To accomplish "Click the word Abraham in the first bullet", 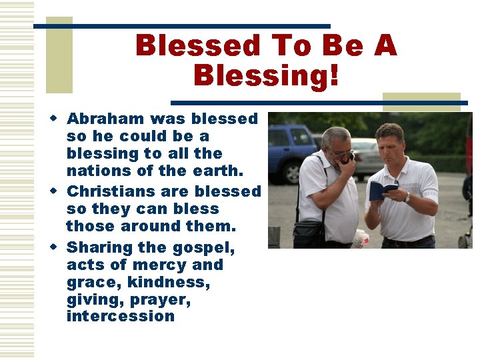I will [106, 119].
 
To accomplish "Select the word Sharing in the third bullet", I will [99, 248].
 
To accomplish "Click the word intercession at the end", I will [120, 316].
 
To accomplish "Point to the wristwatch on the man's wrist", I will [407, 197].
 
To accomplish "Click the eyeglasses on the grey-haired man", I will [341, 153].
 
